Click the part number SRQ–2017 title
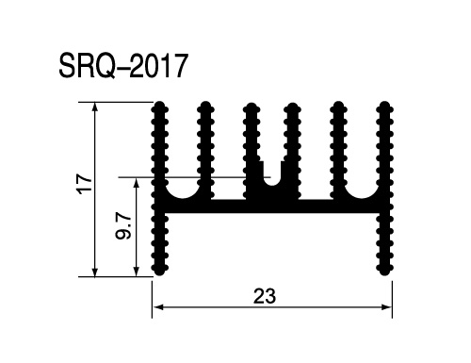[x=123, y=66]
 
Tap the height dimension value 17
[x=86, y=184]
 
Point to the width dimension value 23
[x=265, y=296]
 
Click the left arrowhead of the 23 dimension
[x=156, y=307]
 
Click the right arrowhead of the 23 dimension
[x=387, y=307]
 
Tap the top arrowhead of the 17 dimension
[x=95, y=107]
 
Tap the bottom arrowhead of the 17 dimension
[x=95, y=272]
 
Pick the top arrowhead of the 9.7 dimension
[x=136, y=182]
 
